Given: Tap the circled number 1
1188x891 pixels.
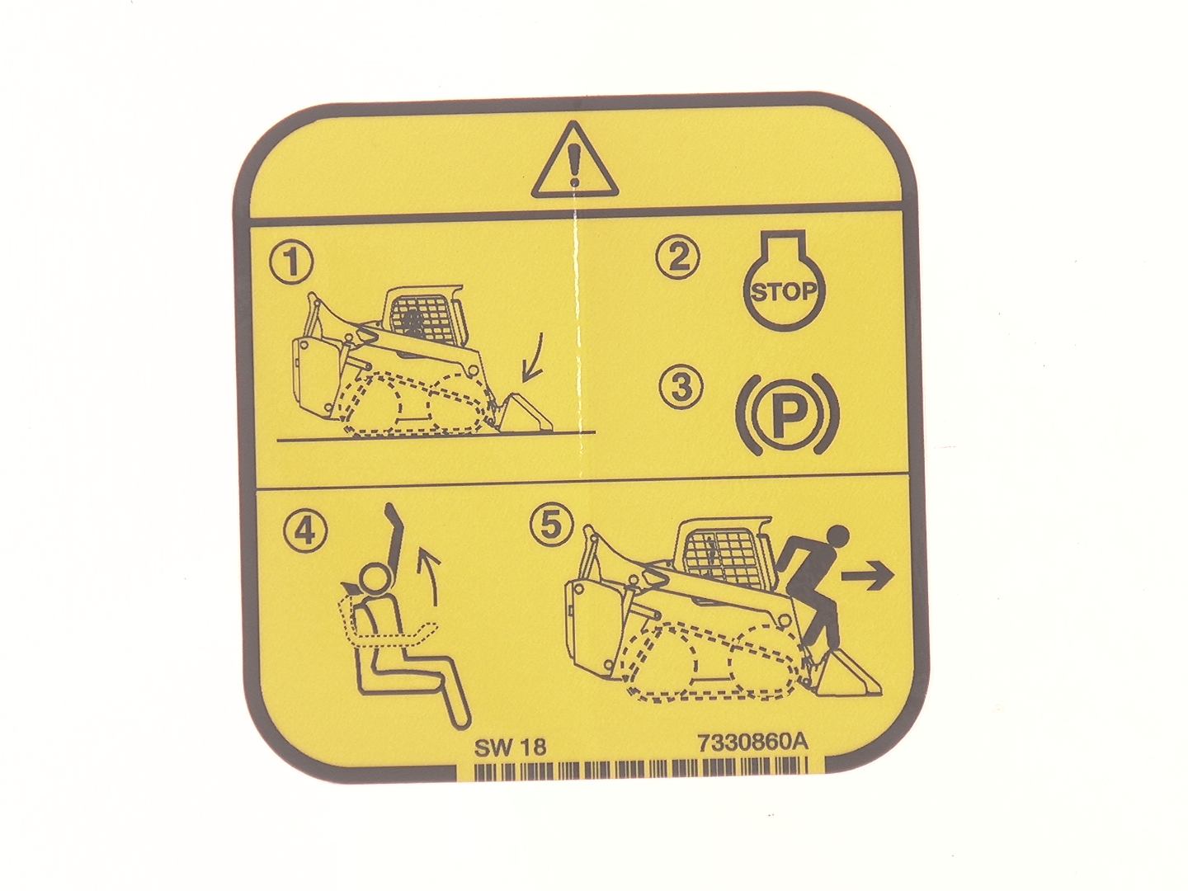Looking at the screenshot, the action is pyautogui.click(x=291, y=262).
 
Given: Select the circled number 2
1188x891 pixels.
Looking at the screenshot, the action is pyautogui.click(x=677, y=257).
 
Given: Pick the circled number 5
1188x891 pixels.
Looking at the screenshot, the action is pyautogui.click(x=552, y=525).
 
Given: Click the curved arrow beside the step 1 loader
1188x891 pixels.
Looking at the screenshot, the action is pyautogui.click(x=533, y=356).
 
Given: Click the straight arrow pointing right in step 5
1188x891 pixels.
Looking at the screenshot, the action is pyautogui.click(x=867, y=577).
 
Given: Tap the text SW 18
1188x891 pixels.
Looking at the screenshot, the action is pyautogui.click(x=511, y=747).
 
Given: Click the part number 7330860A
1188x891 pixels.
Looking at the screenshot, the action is pyautogui.click(x=753, y=742).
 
